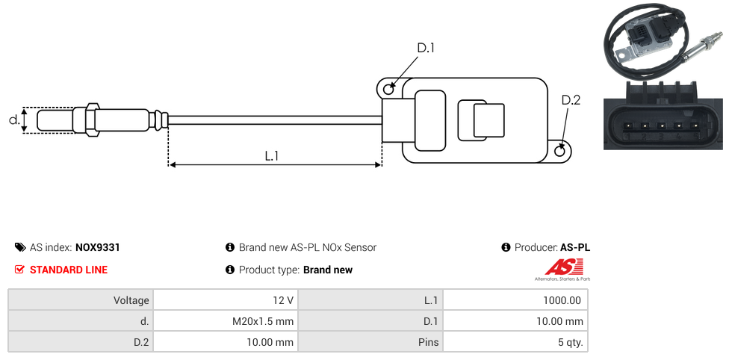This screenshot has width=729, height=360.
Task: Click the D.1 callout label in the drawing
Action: (x=426, y=48)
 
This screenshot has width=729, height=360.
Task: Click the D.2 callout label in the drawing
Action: (x=571, y=100)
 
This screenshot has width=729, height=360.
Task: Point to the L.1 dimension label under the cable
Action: (x=272, y=155)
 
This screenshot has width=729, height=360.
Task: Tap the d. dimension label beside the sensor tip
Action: (x=13, y=120)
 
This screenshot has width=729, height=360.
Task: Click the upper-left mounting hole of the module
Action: (x=388, y=90)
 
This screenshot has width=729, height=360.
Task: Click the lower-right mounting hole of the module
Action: (x=561, y=151)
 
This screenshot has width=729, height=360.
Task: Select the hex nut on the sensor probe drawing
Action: (x=92, y=120)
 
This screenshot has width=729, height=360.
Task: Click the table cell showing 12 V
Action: (x=283, y=300)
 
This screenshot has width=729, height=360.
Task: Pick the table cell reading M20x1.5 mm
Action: (x=263, y=321)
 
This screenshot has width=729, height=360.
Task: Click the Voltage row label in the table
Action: (x=131, y=300)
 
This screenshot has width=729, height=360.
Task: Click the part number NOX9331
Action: (x=98, y=247)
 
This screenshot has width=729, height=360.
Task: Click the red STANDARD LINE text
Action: (x=69, y=270)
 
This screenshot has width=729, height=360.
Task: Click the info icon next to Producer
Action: (x=506, y=247)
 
